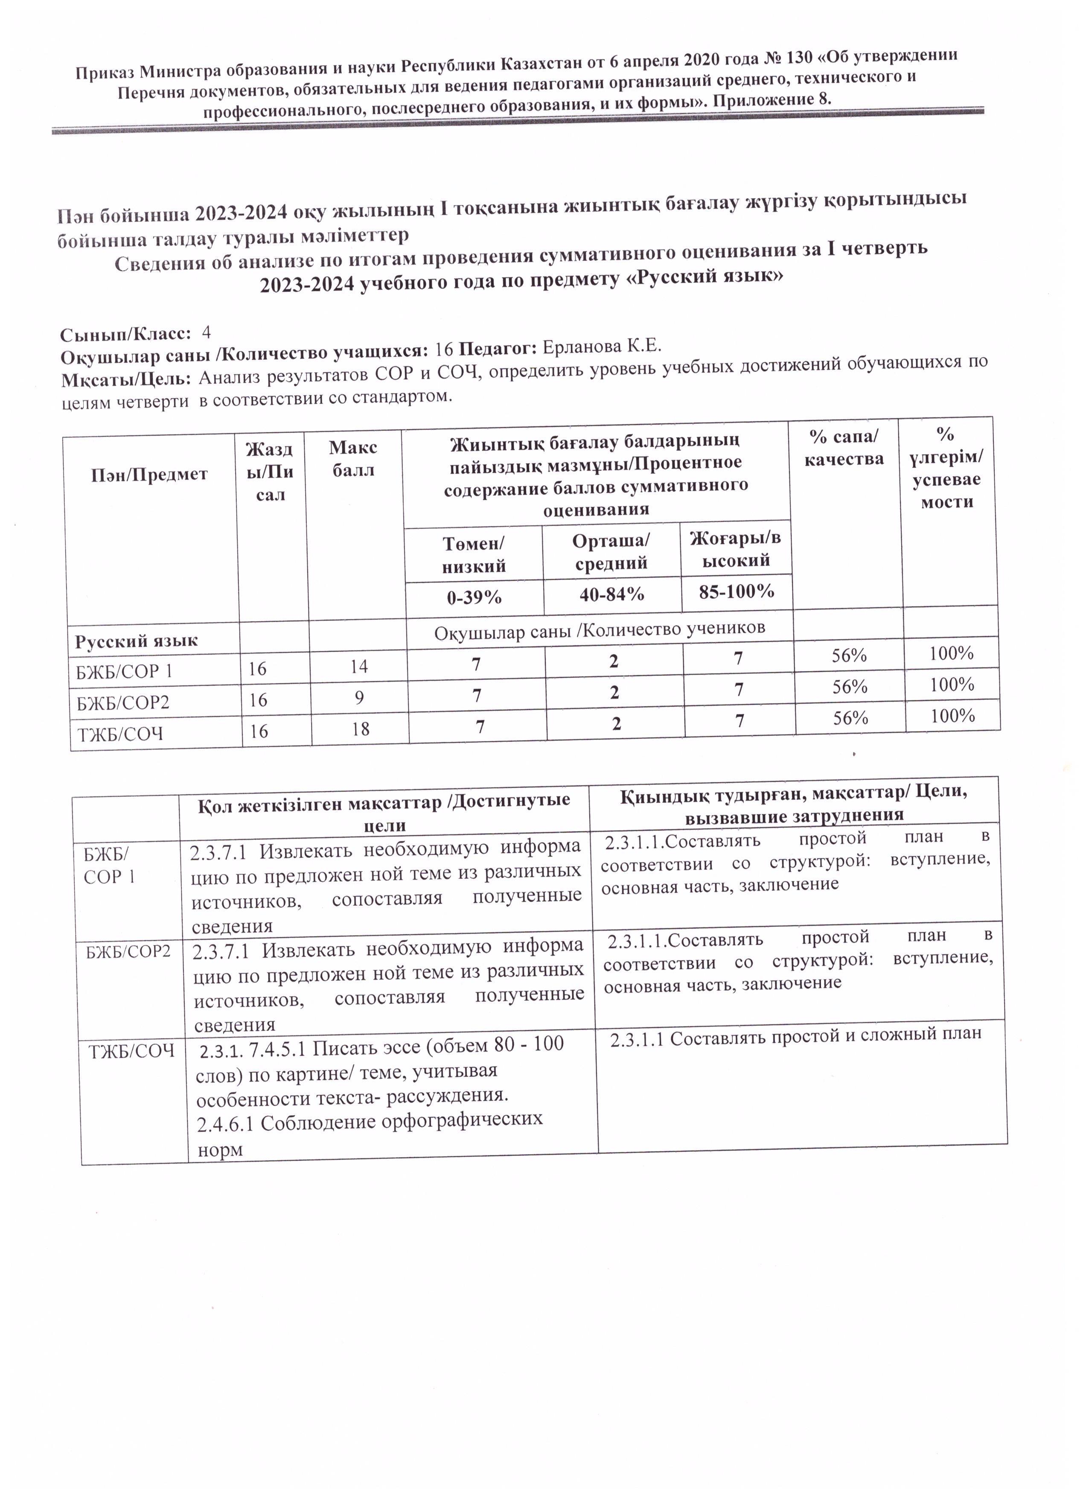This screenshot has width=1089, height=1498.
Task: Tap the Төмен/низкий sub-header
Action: [474, 555]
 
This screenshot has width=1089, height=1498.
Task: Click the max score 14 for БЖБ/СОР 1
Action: [358, 667]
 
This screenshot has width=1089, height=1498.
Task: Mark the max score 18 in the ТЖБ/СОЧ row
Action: [360, 729]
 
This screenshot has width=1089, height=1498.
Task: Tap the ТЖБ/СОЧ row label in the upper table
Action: [120, 734]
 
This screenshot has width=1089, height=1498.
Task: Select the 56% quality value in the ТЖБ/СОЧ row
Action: [850, 718]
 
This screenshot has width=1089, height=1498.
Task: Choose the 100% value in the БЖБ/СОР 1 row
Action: [951, 654]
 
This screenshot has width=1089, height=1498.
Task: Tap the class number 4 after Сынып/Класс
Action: [206, 332]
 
